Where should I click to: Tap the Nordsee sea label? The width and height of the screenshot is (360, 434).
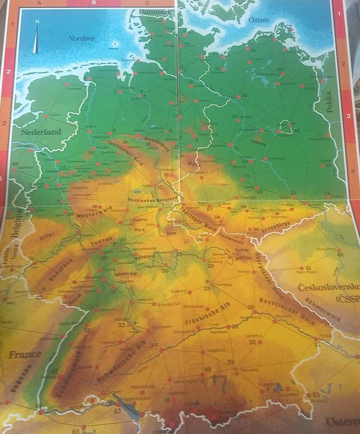click(80, 38)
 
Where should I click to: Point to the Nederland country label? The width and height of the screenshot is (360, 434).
click(40, 132)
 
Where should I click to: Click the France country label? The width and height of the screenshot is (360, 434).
click(25, 355)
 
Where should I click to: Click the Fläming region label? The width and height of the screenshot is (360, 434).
click(258, 142)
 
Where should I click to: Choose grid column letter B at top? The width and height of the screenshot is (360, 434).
click(93, 3)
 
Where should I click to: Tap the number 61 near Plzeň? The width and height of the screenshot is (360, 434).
click(308, 268)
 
